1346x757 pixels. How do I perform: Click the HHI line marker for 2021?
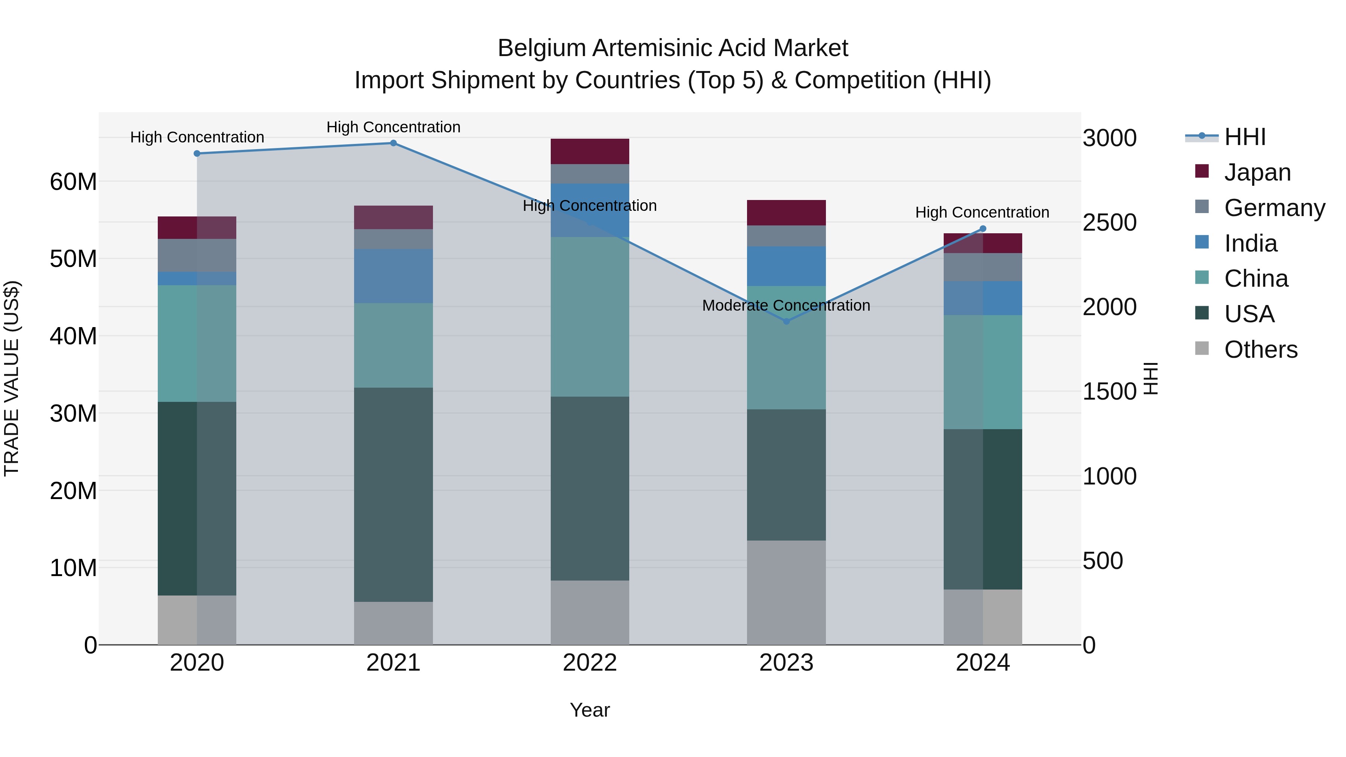coord(393,143)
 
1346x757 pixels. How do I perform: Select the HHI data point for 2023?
coord(786,321)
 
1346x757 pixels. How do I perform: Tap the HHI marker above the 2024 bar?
coord(983,229)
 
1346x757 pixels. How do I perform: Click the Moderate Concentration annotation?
coord(786,306)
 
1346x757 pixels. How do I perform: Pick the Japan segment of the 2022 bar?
coord(590,151)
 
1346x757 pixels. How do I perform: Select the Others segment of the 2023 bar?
coord(786,593)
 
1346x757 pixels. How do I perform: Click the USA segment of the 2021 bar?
coord(393,494)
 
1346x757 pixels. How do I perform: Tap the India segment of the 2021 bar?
coord(393,276)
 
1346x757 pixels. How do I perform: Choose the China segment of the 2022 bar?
coord(590,317)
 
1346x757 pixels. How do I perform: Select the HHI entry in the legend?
coord(1245,138)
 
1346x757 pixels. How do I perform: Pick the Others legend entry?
coord(1260,350)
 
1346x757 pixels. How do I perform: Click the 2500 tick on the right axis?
coord(1109,222)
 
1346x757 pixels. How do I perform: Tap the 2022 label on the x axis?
coord(590,663)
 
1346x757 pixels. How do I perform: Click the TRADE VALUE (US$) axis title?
coord(12,378)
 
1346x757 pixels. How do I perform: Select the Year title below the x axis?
coord(590,710)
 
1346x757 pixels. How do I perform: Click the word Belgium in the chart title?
coord(541,48)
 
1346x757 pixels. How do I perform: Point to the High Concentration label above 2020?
coord(197,138)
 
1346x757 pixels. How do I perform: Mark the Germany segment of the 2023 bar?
coord(786,236)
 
